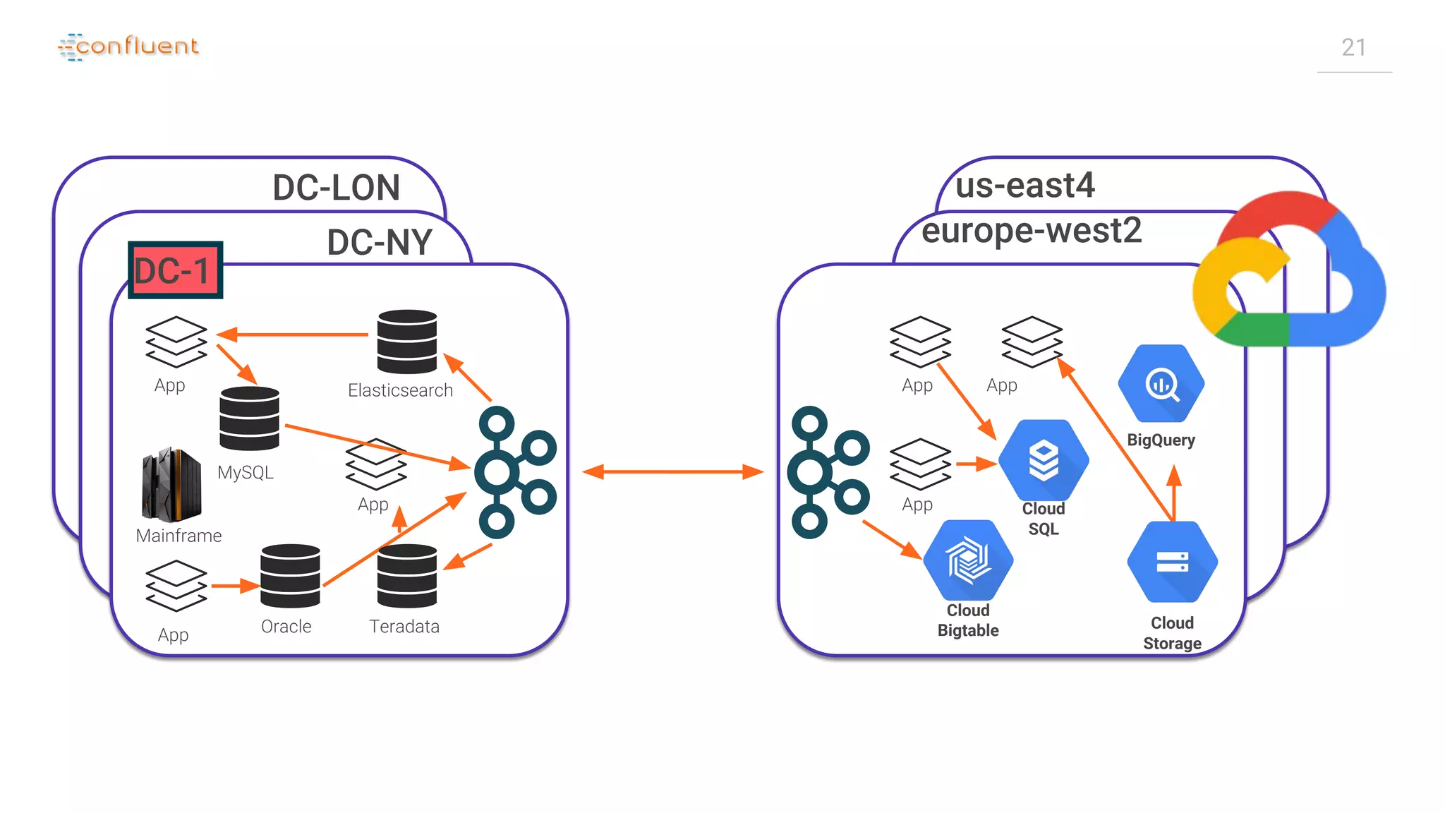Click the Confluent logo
click(x=128, y=47)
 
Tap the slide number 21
click(x=1353, y=48)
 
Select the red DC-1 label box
click(x=175, y=270)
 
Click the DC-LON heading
click(x=336, y=188)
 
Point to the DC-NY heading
click(x=380, y=242)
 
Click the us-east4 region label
click(x=1024, y=186)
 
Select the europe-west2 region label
click(x=1031, y=231)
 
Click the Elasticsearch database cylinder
click(x=407, y=342)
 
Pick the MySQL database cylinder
click(x=249, y=418)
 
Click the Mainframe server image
click(x=171, y=485)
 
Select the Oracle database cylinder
click(x=290, y=576)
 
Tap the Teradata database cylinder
click(x=407, y=576)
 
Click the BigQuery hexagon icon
click(x=1161, y=384)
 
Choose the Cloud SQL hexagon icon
click(x=1044, y=460)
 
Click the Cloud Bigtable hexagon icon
click(x=968, y=560)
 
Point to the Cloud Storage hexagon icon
click(x=1172, y=562)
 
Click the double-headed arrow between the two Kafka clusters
click(x=673, y=471)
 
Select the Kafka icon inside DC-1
click(x=514, y=472)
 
